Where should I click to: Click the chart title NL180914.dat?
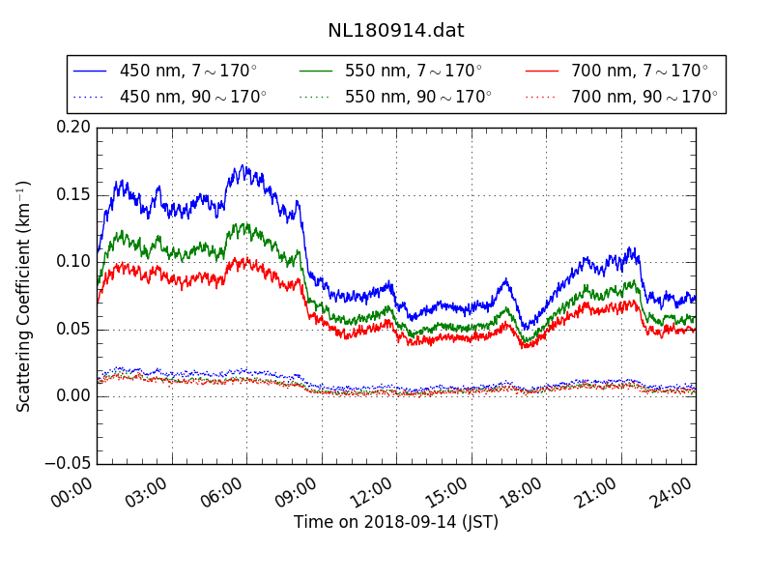click(395, 30)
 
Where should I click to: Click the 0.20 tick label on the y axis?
click(73, 127)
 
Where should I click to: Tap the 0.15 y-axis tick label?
click(73, 194)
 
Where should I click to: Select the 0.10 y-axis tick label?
click(73, 261)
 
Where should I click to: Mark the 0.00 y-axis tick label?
click(73, 396)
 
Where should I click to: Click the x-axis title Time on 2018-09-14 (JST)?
click(396, 523)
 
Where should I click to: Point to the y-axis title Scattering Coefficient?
click(24, 295)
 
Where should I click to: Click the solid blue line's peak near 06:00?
click(243, 166)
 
